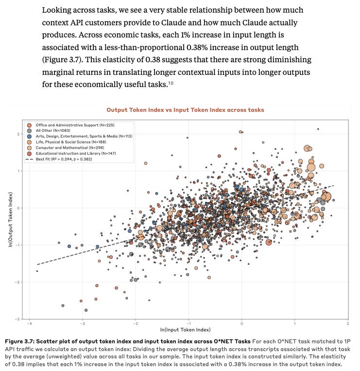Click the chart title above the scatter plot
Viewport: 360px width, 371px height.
click(185, 110)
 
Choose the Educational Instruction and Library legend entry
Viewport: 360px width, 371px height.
click(70, 153)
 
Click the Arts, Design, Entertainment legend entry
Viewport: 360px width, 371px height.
click(80, 137)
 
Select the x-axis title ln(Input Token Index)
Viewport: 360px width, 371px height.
click(188, 330)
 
